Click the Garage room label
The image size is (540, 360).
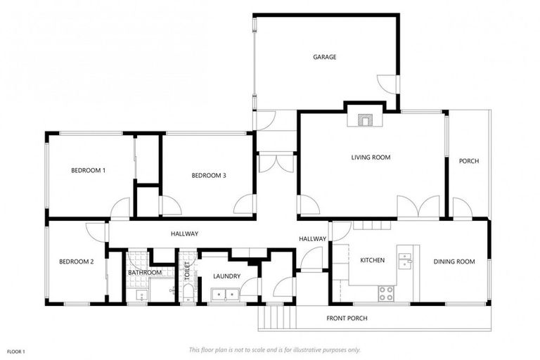(324, 57)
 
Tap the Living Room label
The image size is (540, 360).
(371, 157)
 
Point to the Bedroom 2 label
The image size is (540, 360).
(76, 262)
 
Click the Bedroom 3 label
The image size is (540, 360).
(208, 176)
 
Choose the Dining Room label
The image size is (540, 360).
(454, 262)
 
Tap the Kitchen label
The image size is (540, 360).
(372, 261)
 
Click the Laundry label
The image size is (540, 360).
(226, 276)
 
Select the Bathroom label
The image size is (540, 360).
(144, 273)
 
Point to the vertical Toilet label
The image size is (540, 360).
(187, 273)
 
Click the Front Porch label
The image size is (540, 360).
(347, 319)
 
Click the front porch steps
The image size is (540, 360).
(276, 318)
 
